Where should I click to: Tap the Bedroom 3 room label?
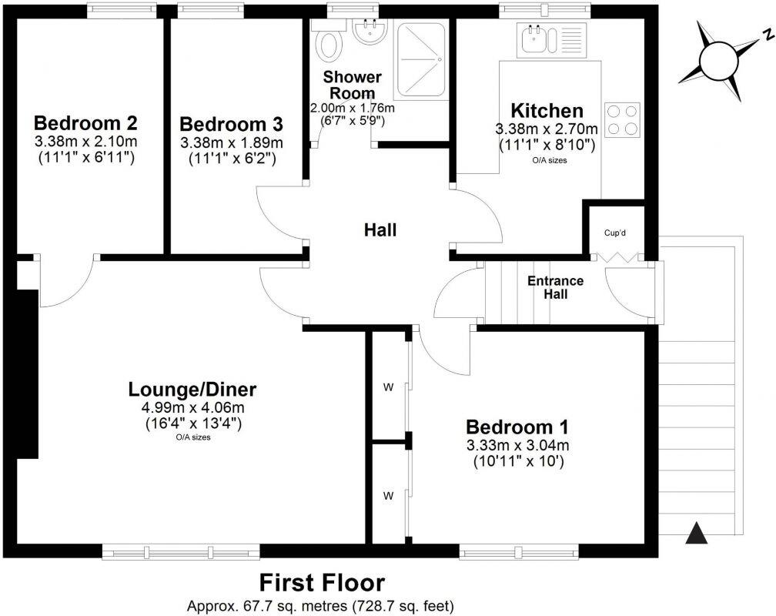pos(231,124)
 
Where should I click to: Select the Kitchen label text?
pos(547,110)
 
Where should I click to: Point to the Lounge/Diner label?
pos(192,389)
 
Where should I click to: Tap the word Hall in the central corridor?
pos(380,229)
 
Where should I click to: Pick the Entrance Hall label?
pos(555,287)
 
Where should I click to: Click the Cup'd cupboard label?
pos(614,232)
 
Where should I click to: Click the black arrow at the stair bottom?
pos(696,532)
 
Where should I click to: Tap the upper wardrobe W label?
pos(388,387)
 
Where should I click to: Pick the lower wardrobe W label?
pos(388,495)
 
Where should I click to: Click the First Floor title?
pos(321,583)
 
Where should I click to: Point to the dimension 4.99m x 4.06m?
pos(192,407)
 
